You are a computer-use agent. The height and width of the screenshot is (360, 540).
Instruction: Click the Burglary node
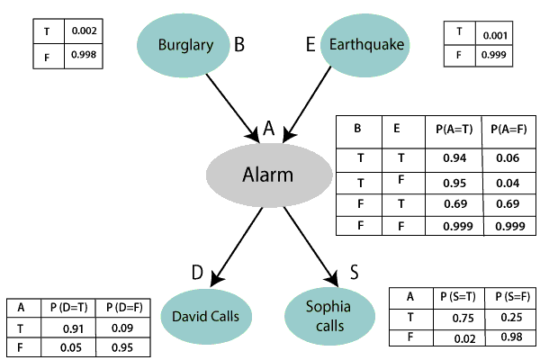pos(184,44)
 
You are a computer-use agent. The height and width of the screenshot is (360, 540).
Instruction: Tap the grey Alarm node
pos(268,175)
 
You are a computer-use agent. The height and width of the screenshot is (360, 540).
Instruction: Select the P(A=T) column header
pos(452,129)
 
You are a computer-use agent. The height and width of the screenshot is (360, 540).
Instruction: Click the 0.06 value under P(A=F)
pos(508,157)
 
